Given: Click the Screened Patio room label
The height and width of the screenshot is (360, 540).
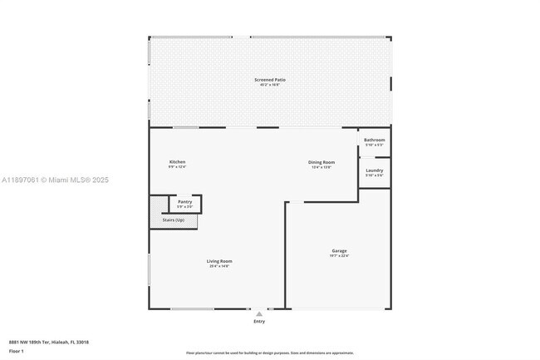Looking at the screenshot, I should click(270, 80).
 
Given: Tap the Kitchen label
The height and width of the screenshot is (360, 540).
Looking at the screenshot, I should click(177, 161).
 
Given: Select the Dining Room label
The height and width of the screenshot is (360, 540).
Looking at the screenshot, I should click(322, 161).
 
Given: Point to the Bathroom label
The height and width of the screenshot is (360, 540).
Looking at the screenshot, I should click(375, 140).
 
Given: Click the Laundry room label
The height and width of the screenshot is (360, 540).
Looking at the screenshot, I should click(375, 170).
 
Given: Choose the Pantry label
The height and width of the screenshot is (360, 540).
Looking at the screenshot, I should click(185, 201).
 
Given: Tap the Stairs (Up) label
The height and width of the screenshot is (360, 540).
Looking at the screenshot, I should click(185, 219).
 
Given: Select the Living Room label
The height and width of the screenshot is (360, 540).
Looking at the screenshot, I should click(219, 261).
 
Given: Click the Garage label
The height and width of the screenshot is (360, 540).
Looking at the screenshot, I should click(339, 250).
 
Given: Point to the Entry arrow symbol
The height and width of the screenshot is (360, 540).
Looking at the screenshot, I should click(259, 314).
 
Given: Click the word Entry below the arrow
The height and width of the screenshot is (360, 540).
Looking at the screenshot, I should click(259, 322).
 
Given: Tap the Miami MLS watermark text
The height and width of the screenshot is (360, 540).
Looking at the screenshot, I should click(55, 180).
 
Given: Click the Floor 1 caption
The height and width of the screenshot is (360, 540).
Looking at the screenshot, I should click(17, 351).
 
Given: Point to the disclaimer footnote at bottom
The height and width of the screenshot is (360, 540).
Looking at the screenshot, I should click(270, 353).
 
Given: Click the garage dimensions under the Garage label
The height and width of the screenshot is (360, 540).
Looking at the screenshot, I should click(339, 256).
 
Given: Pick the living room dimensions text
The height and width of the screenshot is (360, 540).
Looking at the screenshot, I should click(219, 267).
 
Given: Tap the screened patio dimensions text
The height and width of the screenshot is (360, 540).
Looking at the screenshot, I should click(270, 85).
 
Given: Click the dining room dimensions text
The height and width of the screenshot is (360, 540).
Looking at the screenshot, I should click(322, 167).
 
